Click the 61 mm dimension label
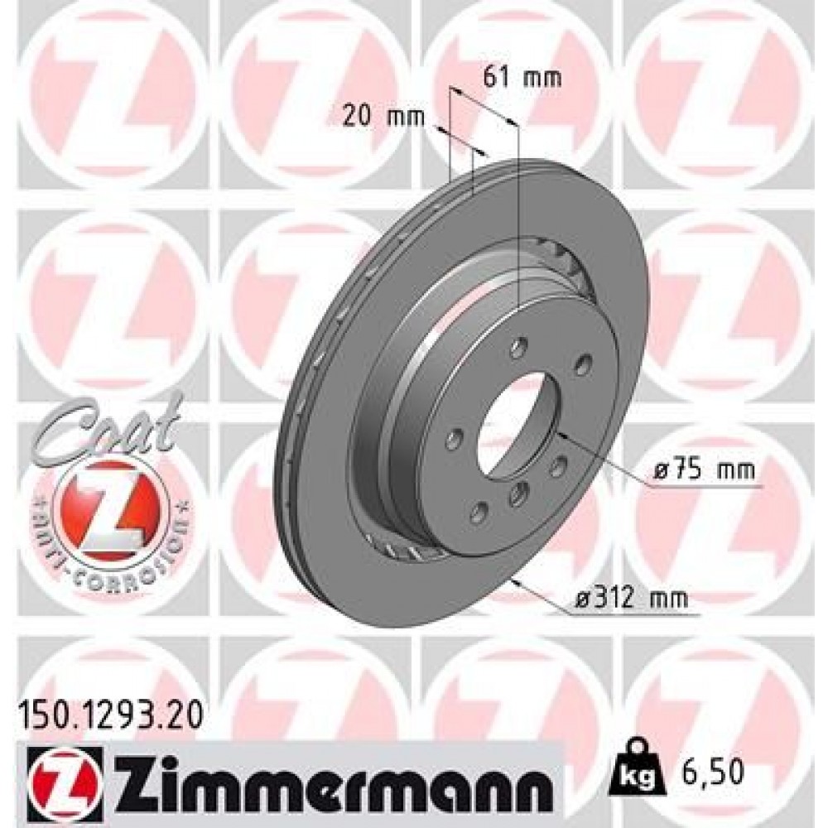pyautogui.click(x=522, y=79)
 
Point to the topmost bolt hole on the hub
pyautogui.click(x=519, y=342)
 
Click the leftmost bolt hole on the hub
pyautogui.click(x=452, y=436)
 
